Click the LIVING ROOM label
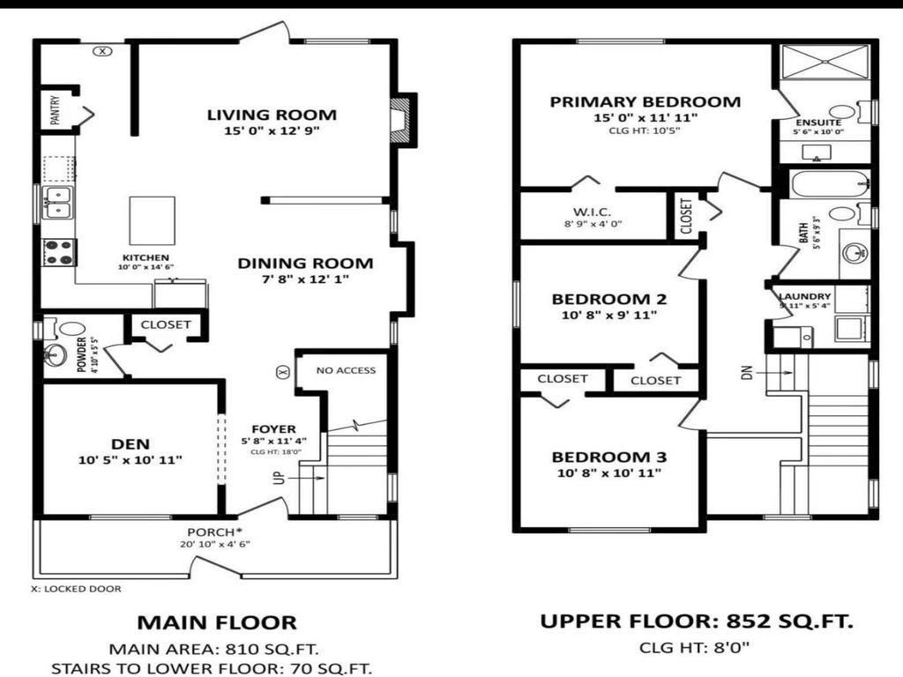point(272,115)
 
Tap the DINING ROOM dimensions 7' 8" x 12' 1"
point(305,279)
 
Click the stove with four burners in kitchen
point(59,252)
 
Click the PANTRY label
point(55,112)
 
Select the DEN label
point(131,443)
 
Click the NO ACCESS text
point(346,370)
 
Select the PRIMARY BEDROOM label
point(646,101)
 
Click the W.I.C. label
point(592,212)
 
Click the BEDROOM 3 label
point(609,458)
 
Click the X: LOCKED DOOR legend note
point(76,589)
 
